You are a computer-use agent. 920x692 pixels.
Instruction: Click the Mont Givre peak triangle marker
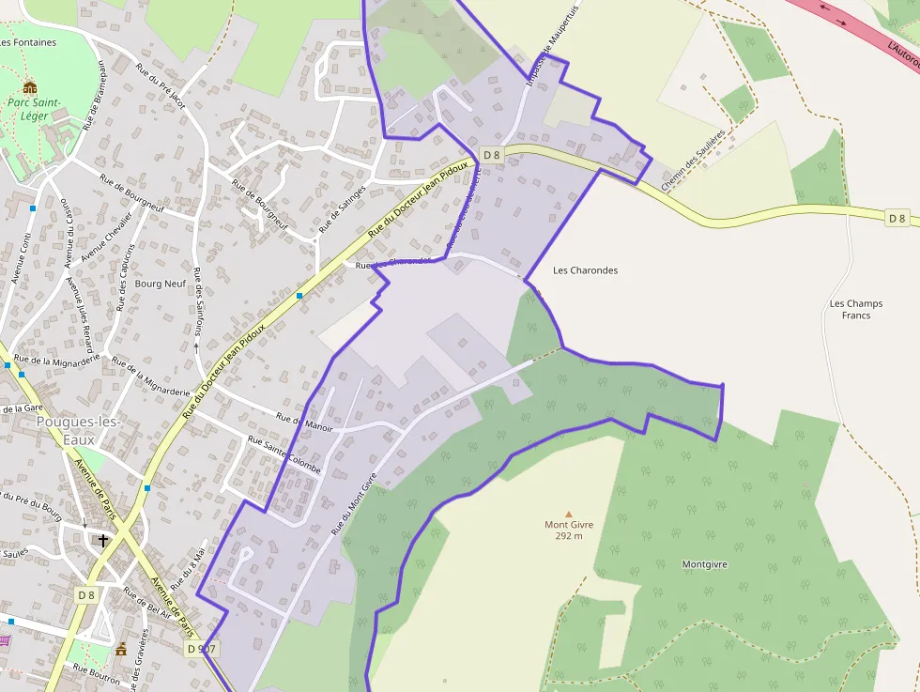(x=568, y=514)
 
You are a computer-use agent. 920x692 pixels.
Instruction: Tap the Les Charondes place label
(x=586, y=270)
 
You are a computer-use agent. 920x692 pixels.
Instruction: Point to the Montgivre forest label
(x=705, y=564)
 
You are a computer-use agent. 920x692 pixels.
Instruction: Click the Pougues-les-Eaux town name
(x=78, y=430)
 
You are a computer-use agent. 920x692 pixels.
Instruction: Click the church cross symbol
(x=103, y=541)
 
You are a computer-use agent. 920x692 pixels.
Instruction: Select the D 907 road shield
(x=202, y=648)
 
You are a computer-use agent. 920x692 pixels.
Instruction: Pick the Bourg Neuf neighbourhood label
(x=161, y=284)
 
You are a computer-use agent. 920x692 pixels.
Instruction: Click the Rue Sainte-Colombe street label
(x=284, y=454)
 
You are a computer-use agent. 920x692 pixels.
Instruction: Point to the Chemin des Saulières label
(x=695, y=161)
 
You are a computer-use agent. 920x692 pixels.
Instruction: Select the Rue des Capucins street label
(x=127, y=277)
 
